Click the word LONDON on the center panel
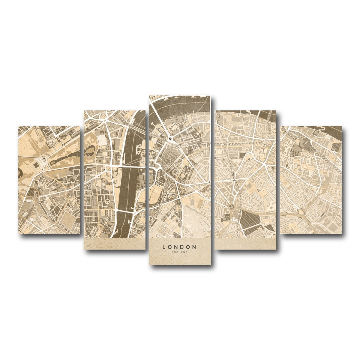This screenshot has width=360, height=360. (179, 247)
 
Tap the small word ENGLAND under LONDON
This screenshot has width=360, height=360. (179, 252)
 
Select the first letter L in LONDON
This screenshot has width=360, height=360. (164, 247)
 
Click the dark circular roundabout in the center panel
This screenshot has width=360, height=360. (170, 139)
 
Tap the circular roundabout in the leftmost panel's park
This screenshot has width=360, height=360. (44, 159)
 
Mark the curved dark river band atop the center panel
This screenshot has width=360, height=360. (180, 103)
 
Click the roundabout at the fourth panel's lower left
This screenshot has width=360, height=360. (231, 207)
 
